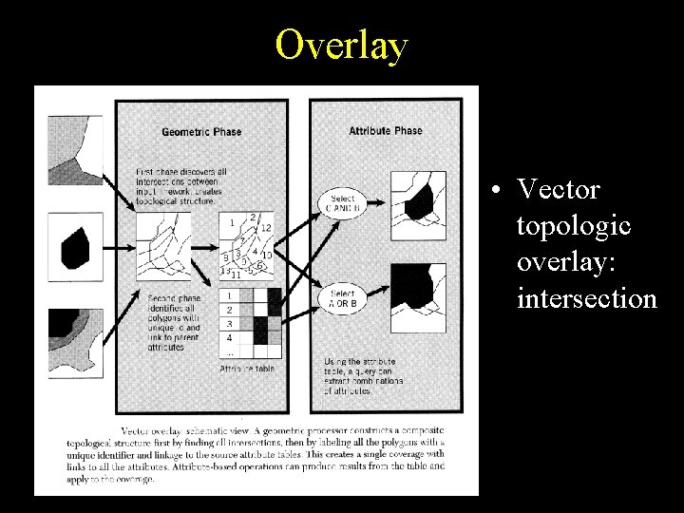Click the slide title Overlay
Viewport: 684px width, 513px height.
pyautogui.click(x=341, y=45)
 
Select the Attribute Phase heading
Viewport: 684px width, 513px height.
pyautogui.click(x=386, y=130)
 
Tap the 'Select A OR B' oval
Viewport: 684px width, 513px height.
pyautogui.click(x=342, y=299)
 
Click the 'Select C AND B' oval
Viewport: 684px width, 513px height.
pyautogui.click(x=342, y=203)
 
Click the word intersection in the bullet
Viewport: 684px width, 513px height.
pyautogui.click(x=586, y=299)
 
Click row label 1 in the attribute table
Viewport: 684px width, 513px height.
pyautogui.click(x=228, y=296)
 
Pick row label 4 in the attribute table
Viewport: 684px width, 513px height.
pyautogui.click(x=228, y=337)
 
